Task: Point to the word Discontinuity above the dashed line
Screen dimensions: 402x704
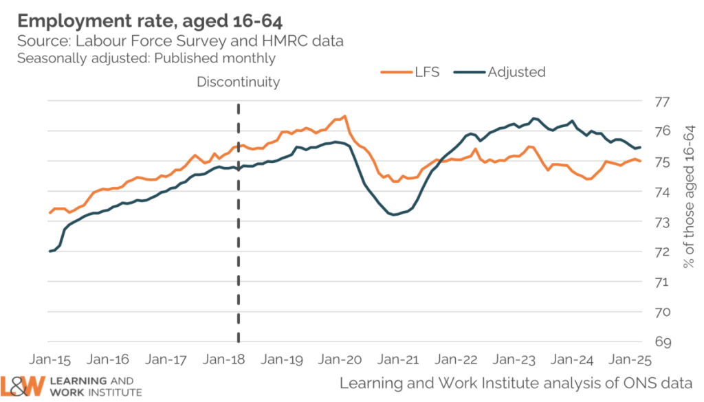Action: coord(239,82)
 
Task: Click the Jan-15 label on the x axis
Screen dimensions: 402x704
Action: coord(51,359)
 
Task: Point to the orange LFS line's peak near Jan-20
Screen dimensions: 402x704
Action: coord(344,116)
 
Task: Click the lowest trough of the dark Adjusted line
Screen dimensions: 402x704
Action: coord(394,214)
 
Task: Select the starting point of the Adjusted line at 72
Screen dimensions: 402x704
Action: coord(50,252)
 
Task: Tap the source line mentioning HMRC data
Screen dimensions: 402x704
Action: coord(180,42)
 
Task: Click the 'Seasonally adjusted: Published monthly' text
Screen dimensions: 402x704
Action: coord(146,58)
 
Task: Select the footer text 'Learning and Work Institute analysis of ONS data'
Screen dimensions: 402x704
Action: coord(516,382)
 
